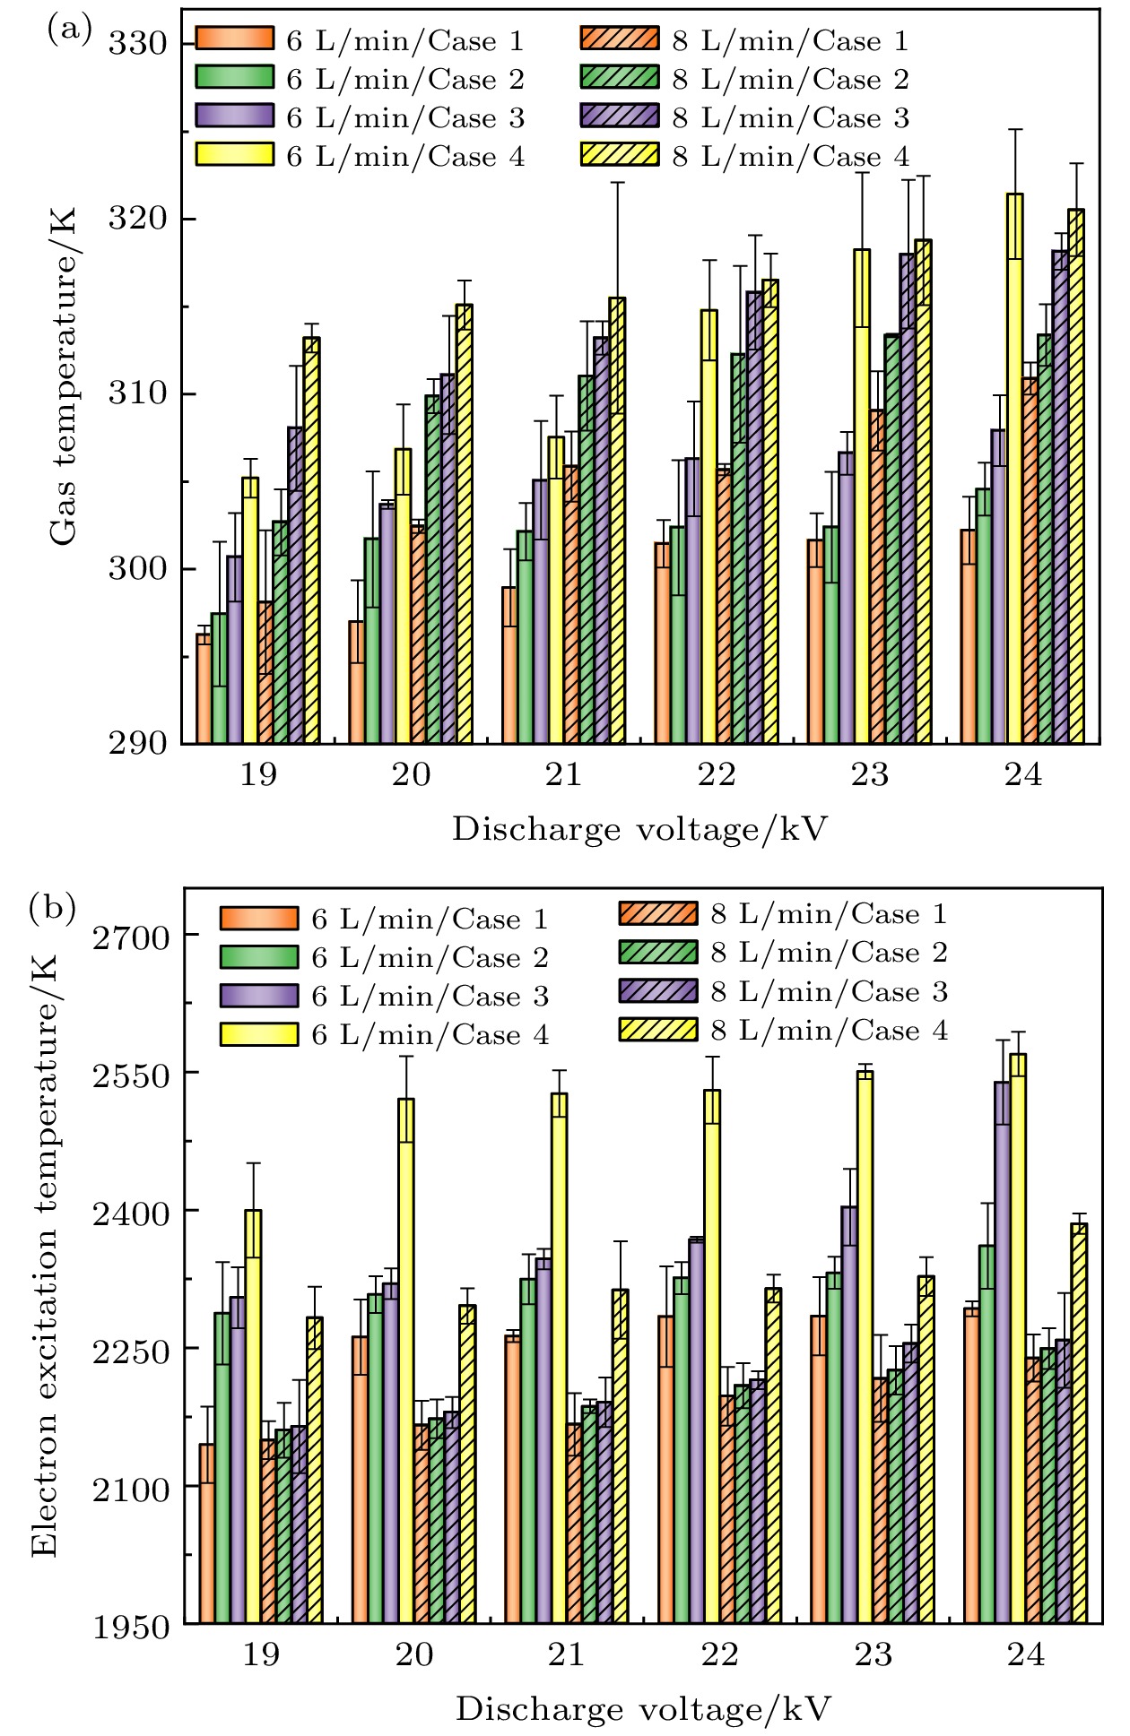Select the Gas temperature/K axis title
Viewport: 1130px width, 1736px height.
point(63,377)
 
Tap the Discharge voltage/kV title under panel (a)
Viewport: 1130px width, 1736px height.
point(639,830)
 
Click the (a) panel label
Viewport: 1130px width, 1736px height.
point(69,30)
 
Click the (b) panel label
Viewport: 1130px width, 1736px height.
point(53,908)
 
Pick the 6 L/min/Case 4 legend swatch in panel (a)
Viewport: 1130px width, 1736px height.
point(234,155)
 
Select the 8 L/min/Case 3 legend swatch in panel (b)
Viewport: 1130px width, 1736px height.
point(657,991)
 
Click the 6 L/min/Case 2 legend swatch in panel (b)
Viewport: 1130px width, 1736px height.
point(258,957)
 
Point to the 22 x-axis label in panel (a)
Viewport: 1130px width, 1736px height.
point(717,774)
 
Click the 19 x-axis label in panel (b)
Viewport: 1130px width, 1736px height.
point(260,1654)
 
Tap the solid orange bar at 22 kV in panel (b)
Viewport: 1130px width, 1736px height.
point(665,1469)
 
